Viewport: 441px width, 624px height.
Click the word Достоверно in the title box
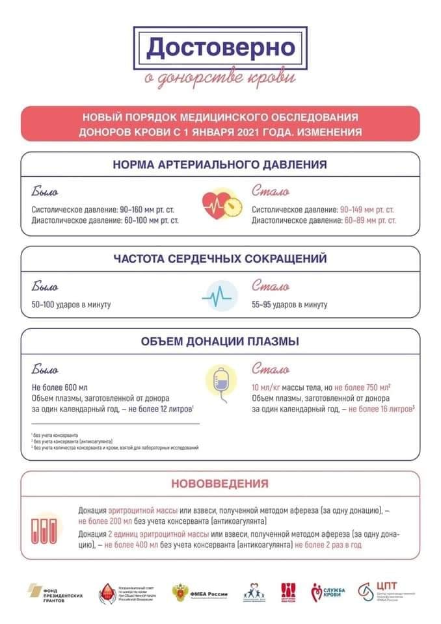point(220,47)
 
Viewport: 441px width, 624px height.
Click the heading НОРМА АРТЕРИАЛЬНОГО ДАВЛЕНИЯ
point(220,165)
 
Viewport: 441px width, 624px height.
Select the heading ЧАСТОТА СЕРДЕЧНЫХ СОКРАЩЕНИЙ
point(220,259)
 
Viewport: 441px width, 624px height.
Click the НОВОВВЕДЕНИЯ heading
point(220,484)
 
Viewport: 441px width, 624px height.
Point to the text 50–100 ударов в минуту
point(72,305)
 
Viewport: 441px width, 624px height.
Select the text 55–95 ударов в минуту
point(289,305)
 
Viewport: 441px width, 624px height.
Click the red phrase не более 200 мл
point(107,521)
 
